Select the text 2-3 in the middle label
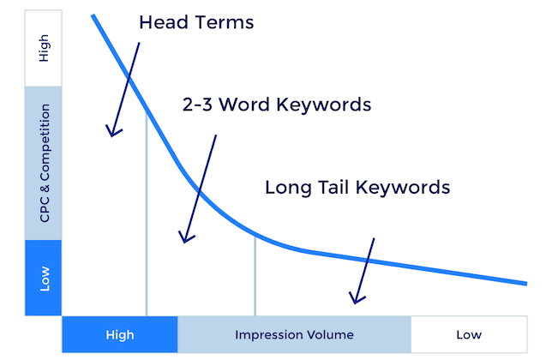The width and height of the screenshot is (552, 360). click(x=197, y=105)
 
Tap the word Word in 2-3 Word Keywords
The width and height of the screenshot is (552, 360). click(x=244, y=105)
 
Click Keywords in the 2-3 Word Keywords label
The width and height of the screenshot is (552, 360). click(x=324, y=105)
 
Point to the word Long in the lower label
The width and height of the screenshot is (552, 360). click(x=288, y=188)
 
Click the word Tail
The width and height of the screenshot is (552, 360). click(x=333, y=187)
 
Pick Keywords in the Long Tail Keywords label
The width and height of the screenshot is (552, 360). click(x=403, y=187)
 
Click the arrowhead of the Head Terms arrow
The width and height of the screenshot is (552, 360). click(x=112, y=132)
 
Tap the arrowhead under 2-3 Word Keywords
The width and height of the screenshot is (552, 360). click(x=184, y=238)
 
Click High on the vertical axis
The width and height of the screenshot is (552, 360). click(x=44, y=48)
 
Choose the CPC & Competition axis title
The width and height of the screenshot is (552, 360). click(x=45, y=163)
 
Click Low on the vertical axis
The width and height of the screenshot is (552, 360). click(x=45, y=279)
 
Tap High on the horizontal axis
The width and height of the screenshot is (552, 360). click(x=120, y=334)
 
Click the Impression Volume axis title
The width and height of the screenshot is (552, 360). click(x=294, y=334)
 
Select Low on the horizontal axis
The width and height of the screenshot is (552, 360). click(x=469, y=334)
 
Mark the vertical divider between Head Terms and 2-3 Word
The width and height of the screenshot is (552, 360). click(x=147, y=213)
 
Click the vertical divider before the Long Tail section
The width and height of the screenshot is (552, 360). click(x=255, y=276)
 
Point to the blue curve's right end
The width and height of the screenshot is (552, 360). click(x=526, y=284)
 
